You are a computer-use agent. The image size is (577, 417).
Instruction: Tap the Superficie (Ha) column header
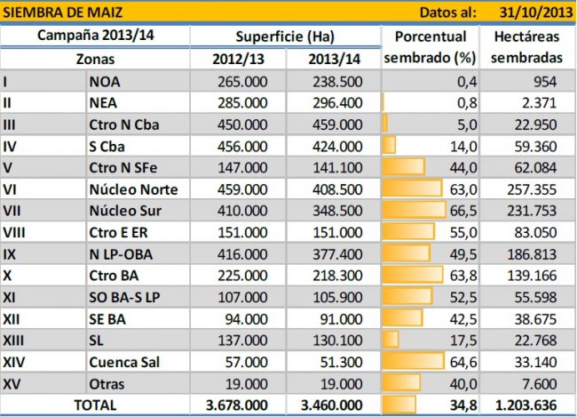coord(284,36)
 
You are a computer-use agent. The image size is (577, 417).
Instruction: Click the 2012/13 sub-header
coord(237,59)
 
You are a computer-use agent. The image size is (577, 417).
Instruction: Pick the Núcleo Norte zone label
coord(134,189)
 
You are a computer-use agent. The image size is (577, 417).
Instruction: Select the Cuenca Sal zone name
coord(128,362)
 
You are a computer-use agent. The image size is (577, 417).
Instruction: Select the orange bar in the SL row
coord(391,341)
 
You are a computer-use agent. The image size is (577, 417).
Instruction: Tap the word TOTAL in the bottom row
coord(94,405)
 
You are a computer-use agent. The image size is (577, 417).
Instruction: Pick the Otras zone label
coord(109,383)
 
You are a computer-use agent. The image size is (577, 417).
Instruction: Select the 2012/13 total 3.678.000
coord(239,405)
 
